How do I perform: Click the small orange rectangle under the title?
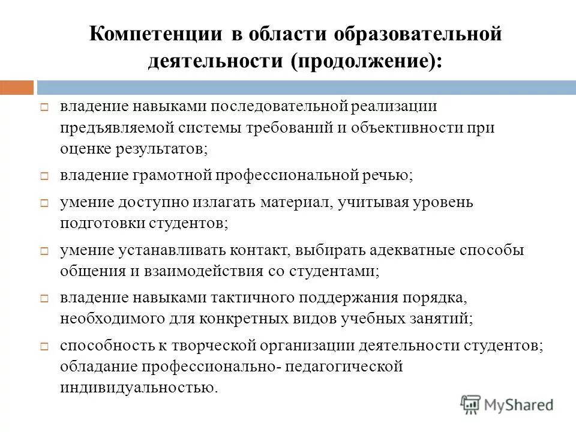pyautogui.click(x=17, y=88)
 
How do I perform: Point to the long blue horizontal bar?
pyautogui.click(x=306, y=88)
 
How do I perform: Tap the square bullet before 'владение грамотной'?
pyautogui.click(x=44, y=177)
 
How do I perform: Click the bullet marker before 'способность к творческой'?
pyautogui.click(x=44, y=346)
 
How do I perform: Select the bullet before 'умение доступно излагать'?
pyautogui.click(x=44, y=203)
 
